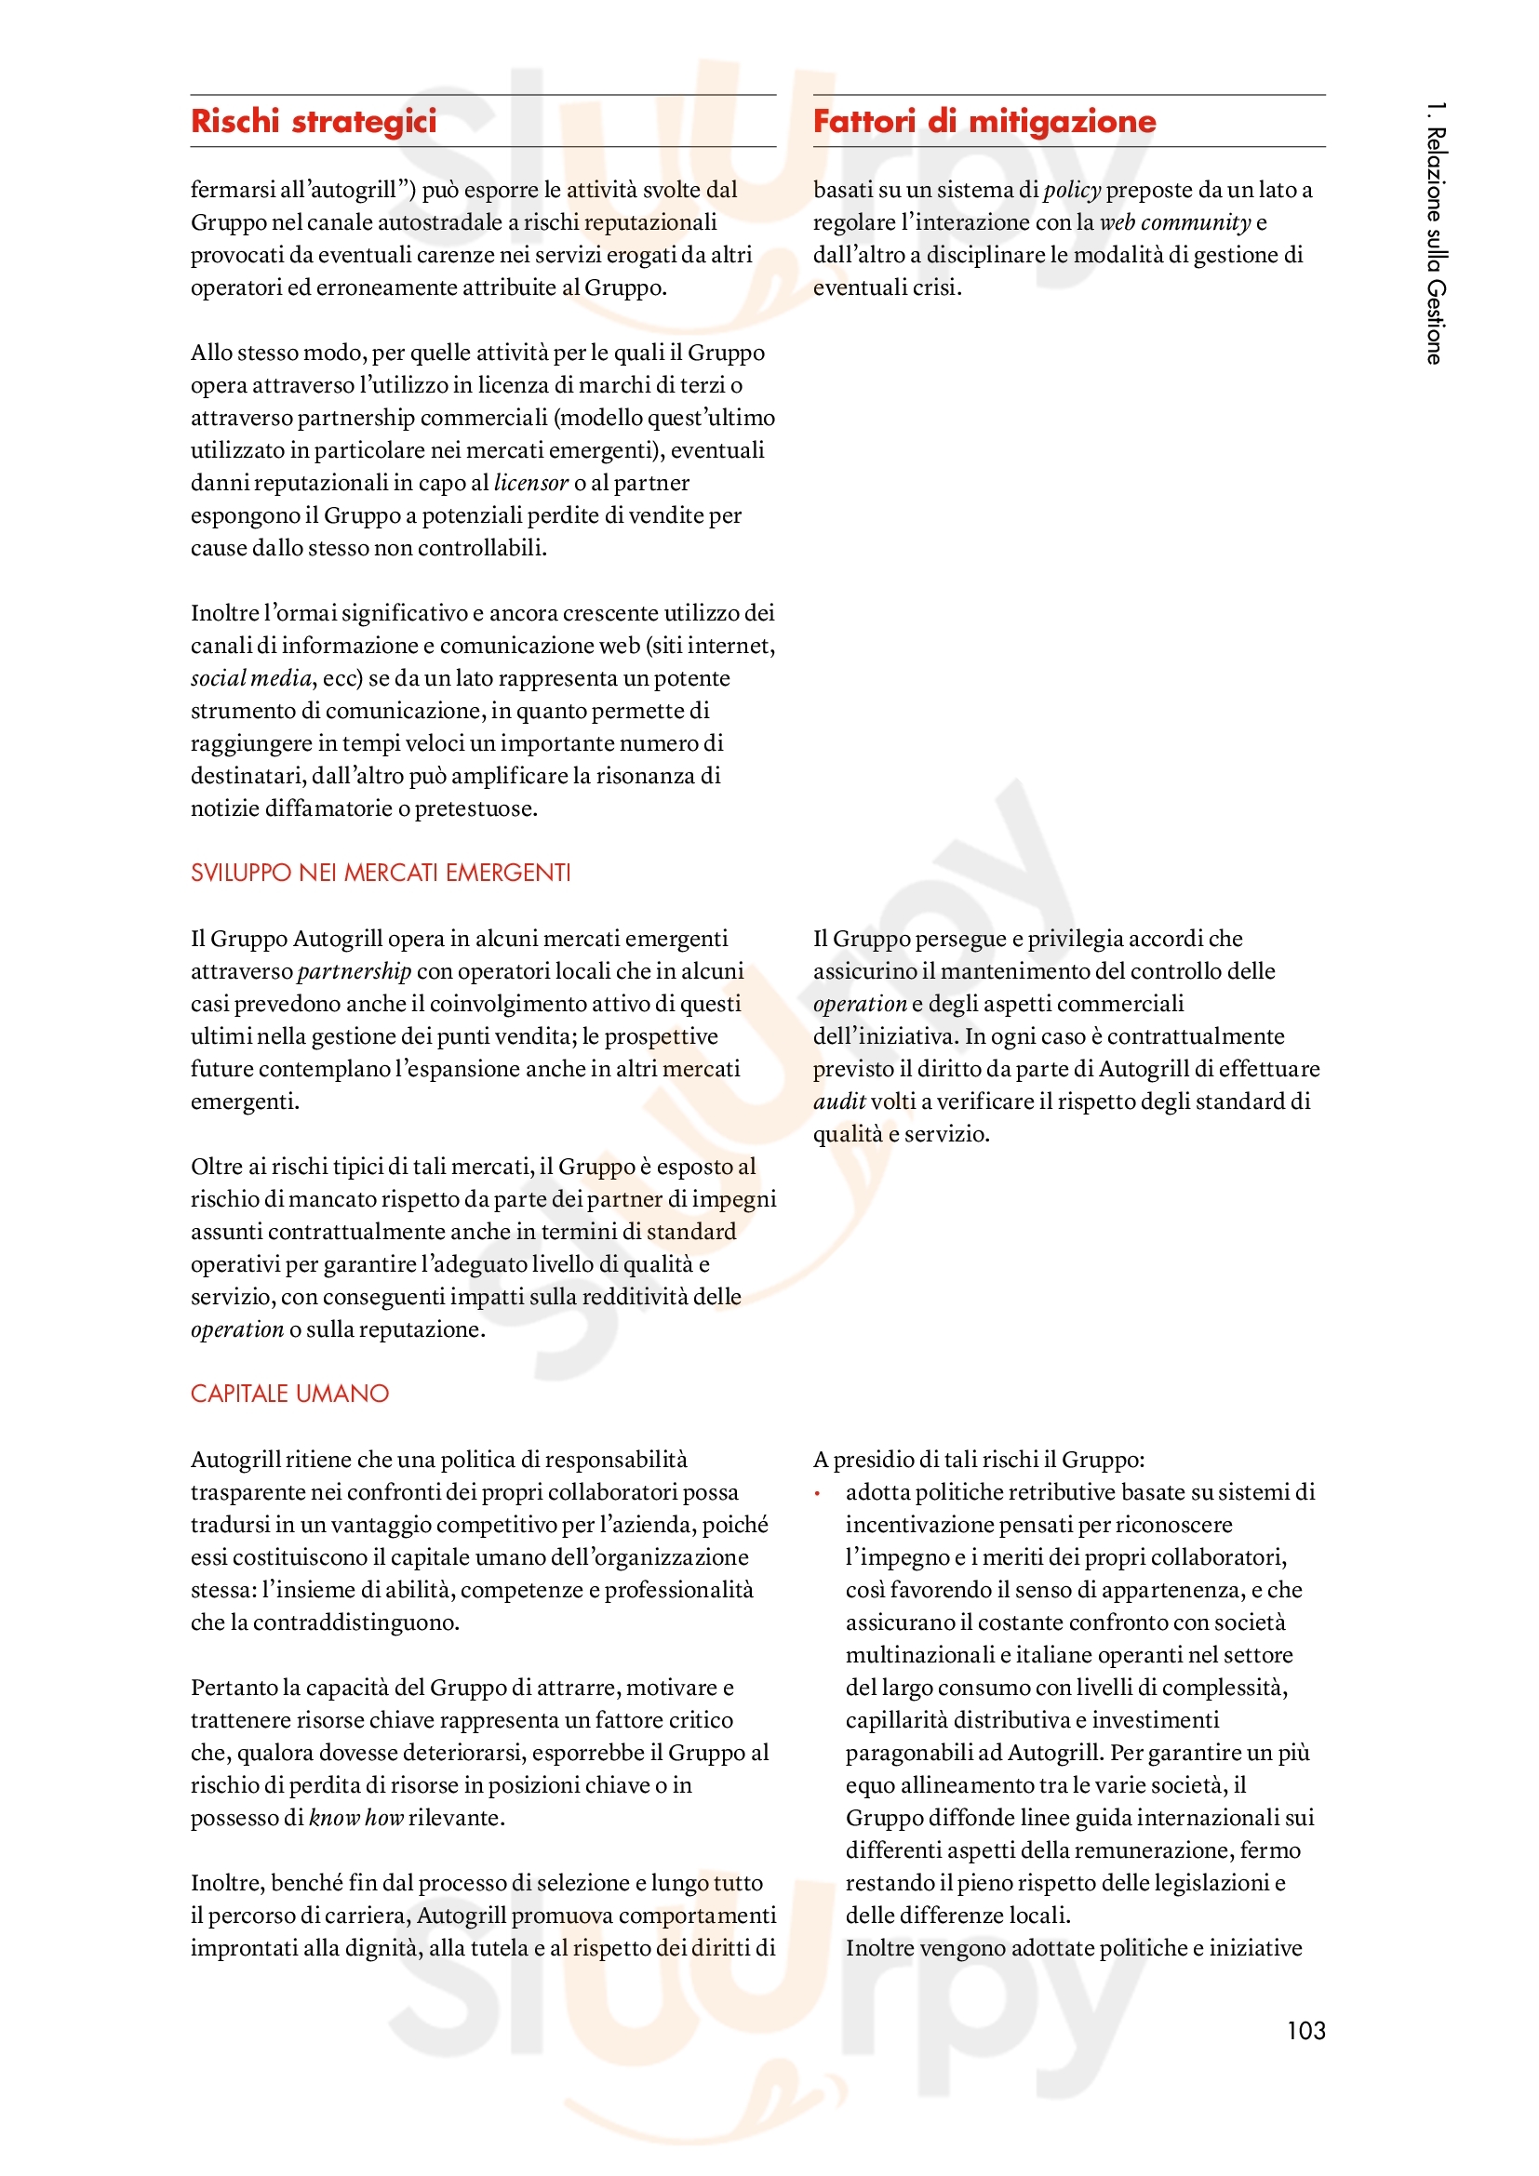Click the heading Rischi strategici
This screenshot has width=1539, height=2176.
coord(314,121)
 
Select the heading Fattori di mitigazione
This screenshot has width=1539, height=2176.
coord(984,121)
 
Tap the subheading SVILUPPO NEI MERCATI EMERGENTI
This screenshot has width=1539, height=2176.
coord(380,873)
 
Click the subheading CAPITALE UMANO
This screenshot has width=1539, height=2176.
coord(290,1394)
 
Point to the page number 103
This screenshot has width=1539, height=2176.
coord(1305,2030)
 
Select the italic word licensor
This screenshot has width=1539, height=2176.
coord(530,483)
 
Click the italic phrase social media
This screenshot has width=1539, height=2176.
coord(251,677)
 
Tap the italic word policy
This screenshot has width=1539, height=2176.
coord(1072,190)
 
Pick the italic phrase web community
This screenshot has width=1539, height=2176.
coord(1175,221)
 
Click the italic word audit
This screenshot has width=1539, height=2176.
coord(838,1101)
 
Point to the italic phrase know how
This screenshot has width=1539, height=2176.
coord(356,1817)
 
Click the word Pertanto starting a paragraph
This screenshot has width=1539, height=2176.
coord(234,1687)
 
